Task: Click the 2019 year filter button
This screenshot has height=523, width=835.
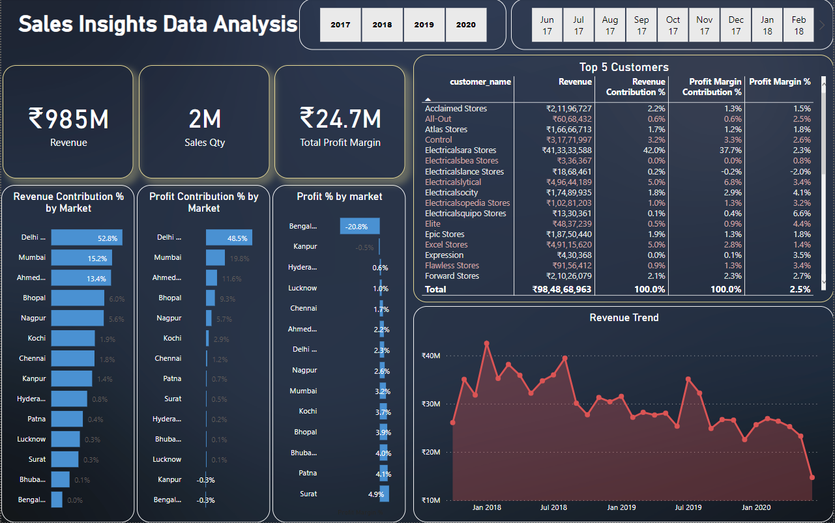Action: (424, 25)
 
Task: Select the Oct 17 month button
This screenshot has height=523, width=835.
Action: (673, 25)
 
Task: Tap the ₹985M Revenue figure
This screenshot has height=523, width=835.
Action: (68, 119)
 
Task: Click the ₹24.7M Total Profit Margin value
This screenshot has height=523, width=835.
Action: (340, 119)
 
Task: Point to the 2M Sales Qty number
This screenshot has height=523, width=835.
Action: (204, 119)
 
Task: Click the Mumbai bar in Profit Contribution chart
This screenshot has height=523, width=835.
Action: (215, 258)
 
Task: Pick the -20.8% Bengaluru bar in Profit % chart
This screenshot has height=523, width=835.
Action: (359, 226)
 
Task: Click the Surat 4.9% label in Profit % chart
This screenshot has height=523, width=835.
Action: (377, 494)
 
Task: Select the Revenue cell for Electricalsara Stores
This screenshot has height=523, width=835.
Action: (561, 150)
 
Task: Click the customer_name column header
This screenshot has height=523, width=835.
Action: (480, 81)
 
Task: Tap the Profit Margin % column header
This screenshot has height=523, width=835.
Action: (780, 81)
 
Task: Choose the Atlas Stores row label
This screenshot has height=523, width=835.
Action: (446, 130)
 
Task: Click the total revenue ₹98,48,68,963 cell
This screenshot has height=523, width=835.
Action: (561, 289)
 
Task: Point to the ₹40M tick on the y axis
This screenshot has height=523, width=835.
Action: (431, 356)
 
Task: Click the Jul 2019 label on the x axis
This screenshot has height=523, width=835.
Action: (688, 507)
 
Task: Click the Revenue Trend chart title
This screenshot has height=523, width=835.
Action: (624, 318)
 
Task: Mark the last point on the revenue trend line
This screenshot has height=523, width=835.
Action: (812, 477)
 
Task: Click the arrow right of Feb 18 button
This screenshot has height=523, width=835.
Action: (822, 25)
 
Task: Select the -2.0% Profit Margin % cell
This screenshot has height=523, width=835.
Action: (801, 171)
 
